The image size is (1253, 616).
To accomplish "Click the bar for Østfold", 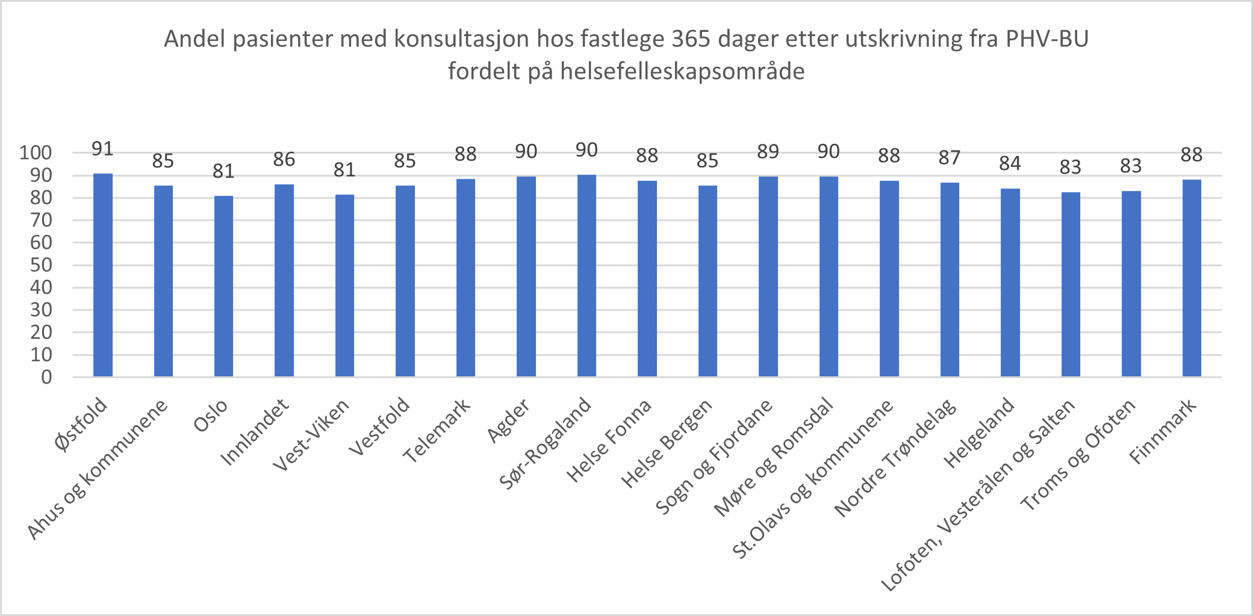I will coord(103,275).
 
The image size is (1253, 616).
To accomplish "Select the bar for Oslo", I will coord(223,286).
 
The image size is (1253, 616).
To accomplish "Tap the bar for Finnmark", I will coord(1192,278).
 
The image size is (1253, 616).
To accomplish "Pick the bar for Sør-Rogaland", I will coord(586,276).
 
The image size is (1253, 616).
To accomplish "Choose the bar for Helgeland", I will coord(1010,282).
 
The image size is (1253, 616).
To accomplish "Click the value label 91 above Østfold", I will coord(103,149).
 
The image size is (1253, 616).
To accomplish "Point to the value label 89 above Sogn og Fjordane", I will coord(768,152).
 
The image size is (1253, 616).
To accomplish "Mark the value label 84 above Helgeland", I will coord(1010,164).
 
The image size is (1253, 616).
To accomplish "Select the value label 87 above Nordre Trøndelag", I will coord(950,158).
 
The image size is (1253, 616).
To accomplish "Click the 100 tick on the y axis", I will coord(36,152).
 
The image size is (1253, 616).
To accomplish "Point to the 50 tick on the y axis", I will coord(41,265).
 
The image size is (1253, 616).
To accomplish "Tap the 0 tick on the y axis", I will coord(46,378).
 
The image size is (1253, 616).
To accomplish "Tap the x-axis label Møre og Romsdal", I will coord(774,457).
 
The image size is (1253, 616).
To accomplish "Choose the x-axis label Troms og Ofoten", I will coord(1078,455).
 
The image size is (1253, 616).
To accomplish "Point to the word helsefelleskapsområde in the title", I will coord(682,72).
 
